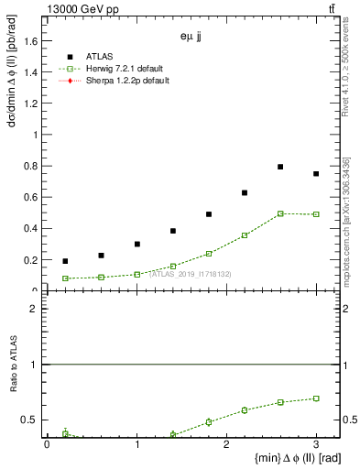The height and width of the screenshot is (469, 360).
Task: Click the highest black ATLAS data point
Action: (x=280, y=167)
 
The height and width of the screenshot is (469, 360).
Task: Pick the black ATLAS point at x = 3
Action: (x=316, y=174)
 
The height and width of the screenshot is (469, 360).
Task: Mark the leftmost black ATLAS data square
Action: (x=65, y=261)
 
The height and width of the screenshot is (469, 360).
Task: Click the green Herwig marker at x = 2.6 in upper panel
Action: (x=280, y=213)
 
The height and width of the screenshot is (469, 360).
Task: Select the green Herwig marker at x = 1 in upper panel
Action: (x=136, y=274)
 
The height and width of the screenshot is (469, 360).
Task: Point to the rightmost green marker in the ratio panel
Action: (x=316, y=398)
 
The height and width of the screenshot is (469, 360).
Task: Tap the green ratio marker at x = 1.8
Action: (x=209, y=422)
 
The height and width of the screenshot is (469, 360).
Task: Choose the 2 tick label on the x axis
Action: (x=226, y=444)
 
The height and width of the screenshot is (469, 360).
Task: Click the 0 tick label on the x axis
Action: (x=47, y=444)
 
